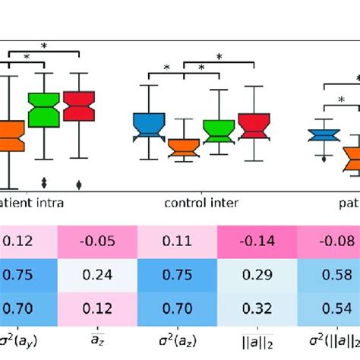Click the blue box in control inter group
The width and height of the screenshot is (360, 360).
149,125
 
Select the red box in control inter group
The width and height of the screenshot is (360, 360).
253,125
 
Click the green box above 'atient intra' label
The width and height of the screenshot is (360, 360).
43,110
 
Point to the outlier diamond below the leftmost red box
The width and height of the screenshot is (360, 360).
79,184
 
